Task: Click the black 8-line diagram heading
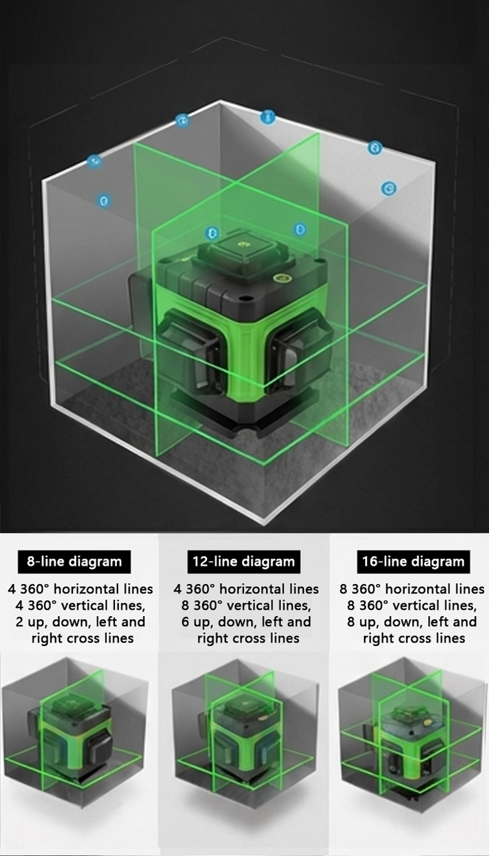click(x=74, y=562)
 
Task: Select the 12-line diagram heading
click(x=243, y=562)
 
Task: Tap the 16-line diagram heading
click(x=413, y=562)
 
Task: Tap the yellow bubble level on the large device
click(x=279, y=278)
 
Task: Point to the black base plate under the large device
click(x=244, y=415)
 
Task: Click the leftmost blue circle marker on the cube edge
click(x=94, y=161)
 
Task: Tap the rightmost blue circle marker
click(x=389, y=188)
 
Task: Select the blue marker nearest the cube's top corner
click(x=267, y=117)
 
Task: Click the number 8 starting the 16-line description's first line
click(x=343, y=589)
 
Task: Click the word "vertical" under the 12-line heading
click(x=250, y=606)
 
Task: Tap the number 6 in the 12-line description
click(x=186, y=622)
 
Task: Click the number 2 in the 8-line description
click(x=19, y=622)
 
